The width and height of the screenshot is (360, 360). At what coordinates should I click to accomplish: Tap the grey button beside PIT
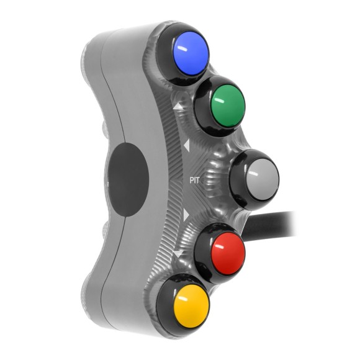coord(258,178)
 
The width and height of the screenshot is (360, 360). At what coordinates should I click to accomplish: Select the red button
coord(225,251)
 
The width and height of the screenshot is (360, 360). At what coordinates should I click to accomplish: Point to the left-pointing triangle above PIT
coord(186,146)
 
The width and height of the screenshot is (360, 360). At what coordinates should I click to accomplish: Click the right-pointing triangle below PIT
coord(186,215)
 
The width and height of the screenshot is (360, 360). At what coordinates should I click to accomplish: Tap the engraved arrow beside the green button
coord(179,107)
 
